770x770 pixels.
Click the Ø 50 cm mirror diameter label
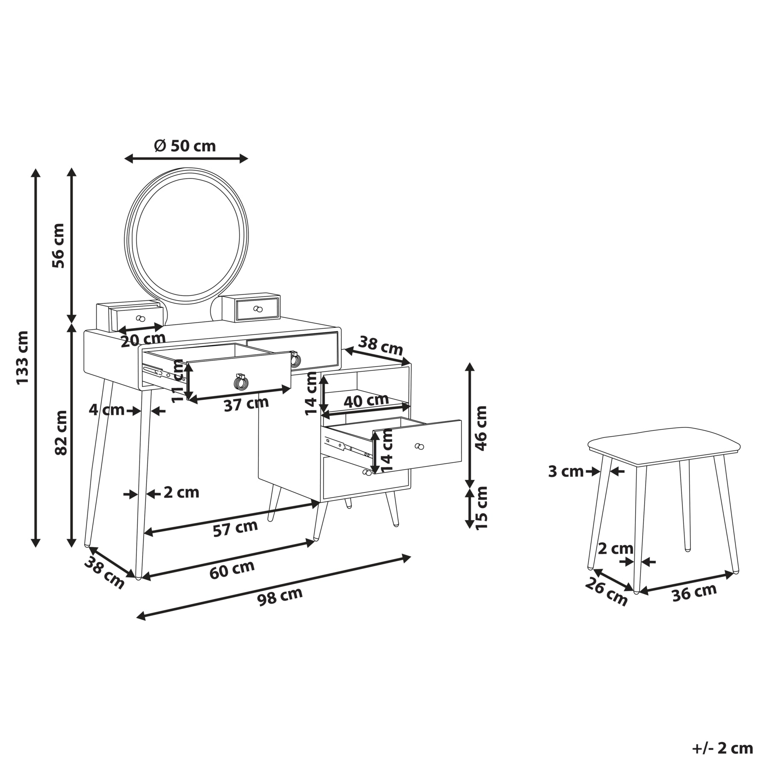185,146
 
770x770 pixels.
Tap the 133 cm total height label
22,358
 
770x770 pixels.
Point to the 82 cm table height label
61,432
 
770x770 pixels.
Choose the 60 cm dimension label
232,569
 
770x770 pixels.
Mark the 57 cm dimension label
235,528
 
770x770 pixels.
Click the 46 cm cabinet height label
481,428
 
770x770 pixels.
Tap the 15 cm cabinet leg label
481,508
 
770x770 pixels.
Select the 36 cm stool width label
694,592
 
